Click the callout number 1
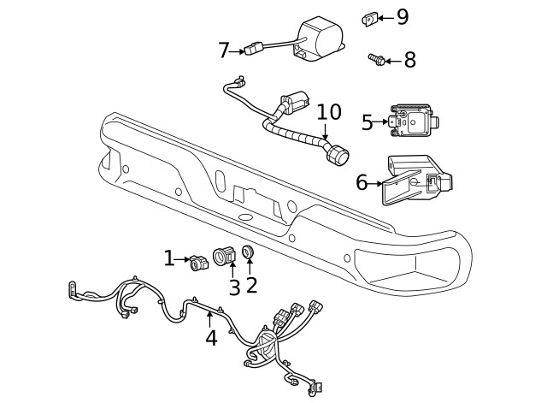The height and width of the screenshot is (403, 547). coord(169,257)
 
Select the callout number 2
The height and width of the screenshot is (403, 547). coord(251,285)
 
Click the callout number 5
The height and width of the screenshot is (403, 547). coord(368,122)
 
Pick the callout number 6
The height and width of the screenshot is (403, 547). coord(362,182)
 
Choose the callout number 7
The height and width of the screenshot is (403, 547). coord(224,50)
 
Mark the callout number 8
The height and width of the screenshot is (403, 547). coord(409,60)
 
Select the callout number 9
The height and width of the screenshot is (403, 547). coord(403,16)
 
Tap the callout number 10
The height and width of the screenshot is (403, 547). coord(329,112)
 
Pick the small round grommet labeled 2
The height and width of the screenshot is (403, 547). coord(249,252)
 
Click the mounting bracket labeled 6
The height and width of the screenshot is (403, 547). coord(415,181)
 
